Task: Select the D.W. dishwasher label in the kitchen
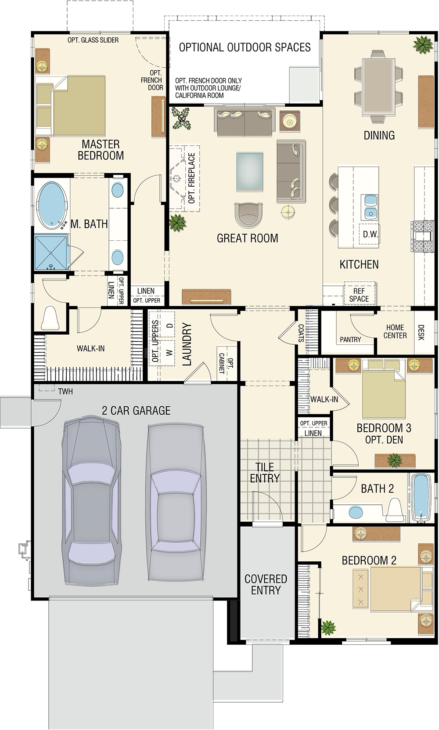click(370, 234)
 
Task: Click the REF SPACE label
click(359, 295)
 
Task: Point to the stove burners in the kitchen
click(422, 236)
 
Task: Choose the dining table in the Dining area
click(378, 86)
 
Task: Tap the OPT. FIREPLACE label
click(192, 178)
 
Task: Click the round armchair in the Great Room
click(249, 215)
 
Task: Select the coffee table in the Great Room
click(250, 171)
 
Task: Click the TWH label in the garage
click(65, 391)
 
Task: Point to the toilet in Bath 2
click(395, 510)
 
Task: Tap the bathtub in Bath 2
click(421, 498)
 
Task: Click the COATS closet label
click(301, 333)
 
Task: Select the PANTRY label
click(350, 340)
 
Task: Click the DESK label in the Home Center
click(421, 332)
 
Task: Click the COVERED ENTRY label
click(266, 585)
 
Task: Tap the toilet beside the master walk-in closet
click(50, 318)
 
